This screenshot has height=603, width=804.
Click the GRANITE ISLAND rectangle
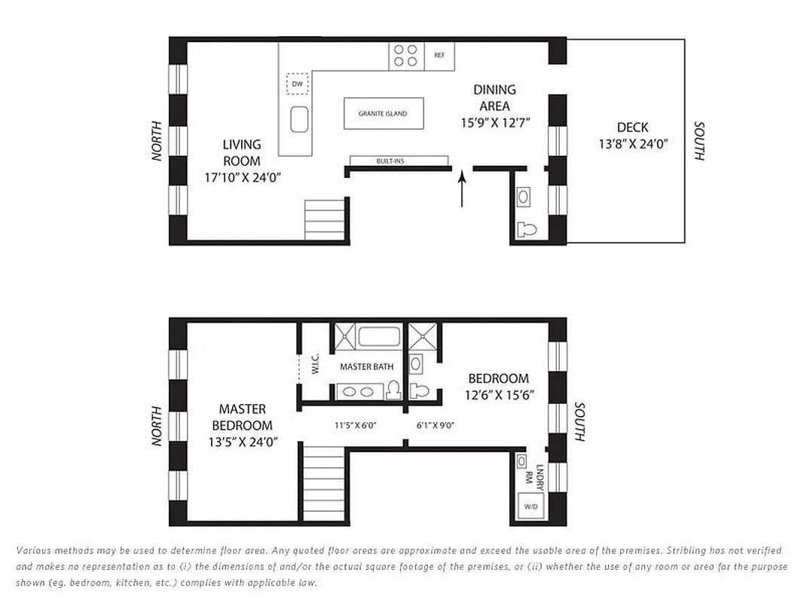[x=384, y=114]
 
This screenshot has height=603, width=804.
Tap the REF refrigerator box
[x=439, y=55]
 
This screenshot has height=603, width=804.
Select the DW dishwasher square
[x=298, y=84]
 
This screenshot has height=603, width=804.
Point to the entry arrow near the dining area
[x=462, y=189]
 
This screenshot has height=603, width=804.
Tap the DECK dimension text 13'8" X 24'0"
[x=633, y=144]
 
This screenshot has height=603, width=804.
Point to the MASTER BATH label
[x=366, y=367]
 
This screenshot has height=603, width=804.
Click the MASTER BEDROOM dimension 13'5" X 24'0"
[x=242, y=442]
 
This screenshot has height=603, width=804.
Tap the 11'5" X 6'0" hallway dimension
[x=356, y=426]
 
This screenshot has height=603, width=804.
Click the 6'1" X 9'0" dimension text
[x=436, y=426]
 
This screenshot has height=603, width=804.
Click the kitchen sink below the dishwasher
[x=300, y=118]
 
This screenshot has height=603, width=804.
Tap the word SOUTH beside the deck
[x=699, y=141]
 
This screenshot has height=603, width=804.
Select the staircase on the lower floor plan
[x=322, y=483]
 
